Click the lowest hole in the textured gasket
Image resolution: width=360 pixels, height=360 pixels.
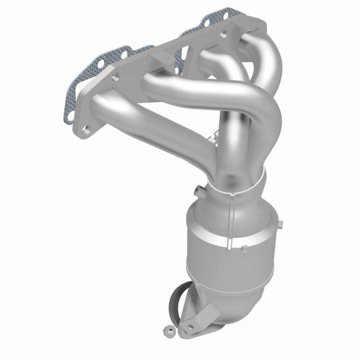(x=70, y=115)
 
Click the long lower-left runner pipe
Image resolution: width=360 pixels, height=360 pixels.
(x=150, y=125)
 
